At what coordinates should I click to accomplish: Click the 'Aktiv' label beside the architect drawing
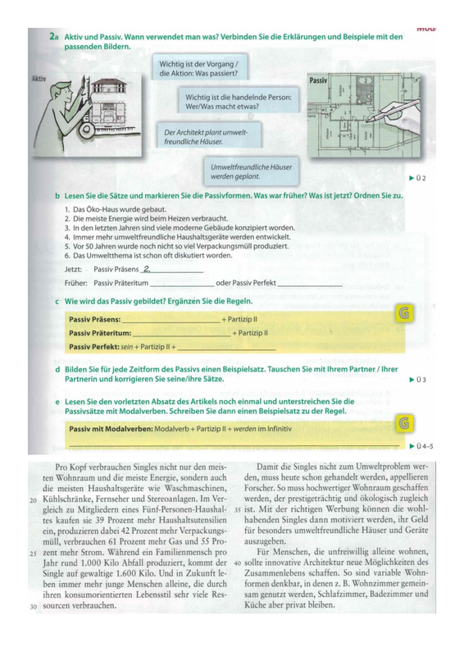(39, 79)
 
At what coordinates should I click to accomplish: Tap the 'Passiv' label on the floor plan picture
(318, 80)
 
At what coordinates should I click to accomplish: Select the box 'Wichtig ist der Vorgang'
(199, 67)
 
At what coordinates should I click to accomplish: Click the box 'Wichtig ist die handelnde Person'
(239, 100)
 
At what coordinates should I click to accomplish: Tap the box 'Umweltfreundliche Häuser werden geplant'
(251, 171)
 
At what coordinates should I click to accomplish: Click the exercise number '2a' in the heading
(54, 37)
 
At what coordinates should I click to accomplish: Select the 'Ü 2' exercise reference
(417, 178)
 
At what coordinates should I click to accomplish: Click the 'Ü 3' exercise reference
(417, 380)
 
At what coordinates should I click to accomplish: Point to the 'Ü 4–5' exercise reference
(421, 446)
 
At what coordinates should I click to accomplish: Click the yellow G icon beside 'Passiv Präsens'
(404, 313)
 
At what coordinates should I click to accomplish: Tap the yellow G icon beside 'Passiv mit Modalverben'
(404, 423)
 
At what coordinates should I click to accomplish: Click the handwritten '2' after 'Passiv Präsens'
(146, 269)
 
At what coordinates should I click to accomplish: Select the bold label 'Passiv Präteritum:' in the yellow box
(100, 333)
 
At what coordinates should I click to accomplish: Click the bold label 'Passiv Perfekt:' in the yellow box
(94, 347)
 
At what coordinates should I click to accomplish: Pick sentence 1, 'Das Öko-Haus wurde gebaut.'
(116, 209)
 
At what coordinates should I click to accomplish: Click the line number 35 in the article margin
(238, 510)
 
